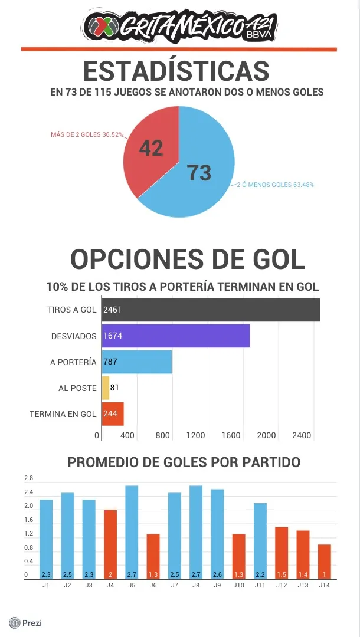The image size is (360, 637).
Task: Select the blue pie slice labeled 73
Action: pos(198,171)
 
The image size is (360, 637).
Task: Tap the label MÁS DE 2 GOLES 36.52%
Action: pos(87,134)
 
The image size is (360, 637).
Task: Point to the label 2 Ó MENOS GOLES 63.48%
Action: pos(275,185)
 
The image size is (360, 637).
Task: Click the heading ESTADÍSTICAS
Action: pos(176,71)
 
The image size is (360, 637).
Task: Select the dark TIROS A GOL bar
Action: pos(211,310)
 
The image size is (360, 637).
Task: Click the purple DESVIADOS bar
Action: pos(176,336)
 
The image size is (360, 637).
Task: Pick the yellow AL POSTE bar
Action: pos(106,388)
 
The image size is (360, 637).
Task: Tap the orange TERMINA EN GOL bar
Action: pos(113,414)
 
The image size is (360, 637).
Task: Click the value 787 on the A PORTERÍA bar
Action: pos(110,362)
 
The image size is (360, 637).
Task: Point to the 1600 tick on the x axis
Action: pos(231,436)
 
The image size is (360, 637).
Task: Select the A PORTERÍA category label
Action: pos(73,362)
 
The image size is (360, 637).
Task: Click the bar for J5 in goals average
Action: pos(132,531)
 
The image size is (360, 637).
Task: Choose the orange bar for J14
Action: pos(325,560)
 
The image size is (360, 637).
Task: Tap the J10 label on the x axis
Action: pos(238,585)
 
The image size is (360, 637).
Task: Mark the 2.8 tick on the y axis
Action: pos(28,478)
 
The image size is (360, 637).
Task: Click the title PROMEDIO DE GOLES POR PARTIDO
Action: pos(184,462)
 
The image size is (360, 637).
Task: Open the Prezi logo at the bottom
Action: pos(25,622)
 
